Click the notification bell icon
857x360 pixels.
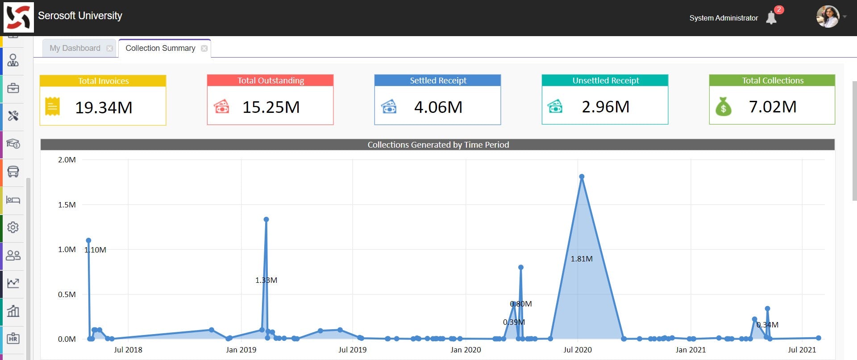771,18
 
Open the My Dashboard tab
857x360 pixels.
75,48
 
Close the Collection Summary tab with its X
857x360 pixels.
204,48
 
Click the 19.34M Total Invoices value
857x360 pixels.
104,108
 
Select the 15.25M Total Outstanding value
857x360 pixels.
271,107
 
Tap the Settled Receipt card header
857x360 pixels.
437,80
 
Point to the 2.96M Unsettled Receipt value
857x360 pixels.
605,107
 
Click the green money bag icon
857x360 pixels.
723,107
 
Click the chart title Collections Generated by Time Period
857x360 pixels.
438,145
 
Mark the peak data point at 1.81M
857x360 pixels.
582,177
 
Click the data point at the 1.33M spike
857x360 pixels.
266,219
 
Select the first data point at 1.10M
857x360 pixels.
88,240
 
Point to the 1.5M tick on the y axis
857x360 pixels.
67,205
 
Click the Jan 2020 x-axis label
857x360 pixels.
466,350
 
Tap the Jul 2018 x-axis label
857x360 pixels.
128,350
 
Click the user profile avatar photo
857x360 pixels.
828,17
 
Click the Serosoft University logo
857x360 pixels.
19,17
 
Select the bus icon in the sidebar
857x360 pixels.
13,171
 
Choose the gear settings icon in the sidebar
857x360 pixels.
13,227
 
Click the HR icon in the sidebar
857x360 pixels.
13,338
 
